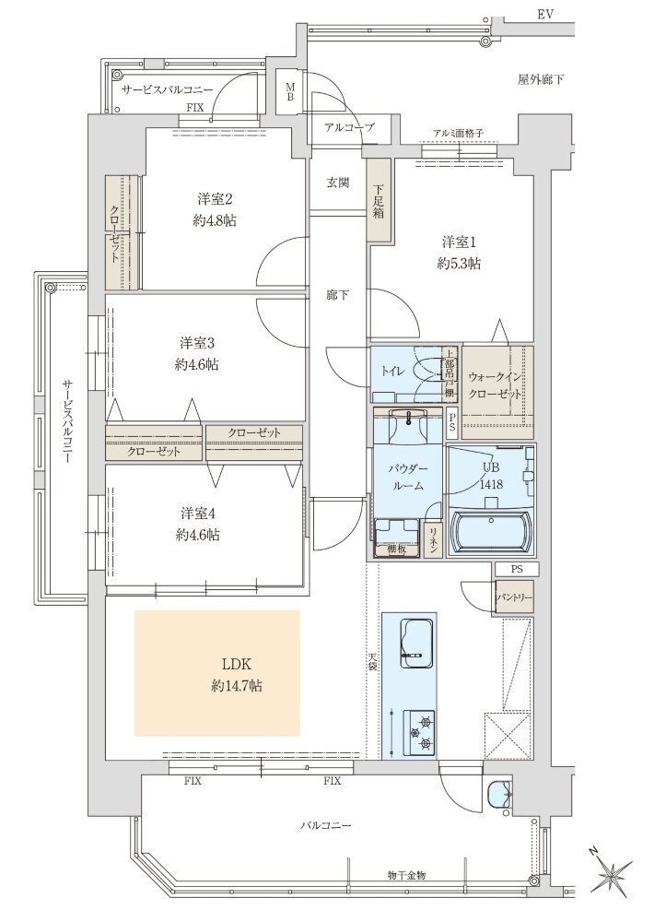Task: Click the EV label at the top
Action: pyautogui.click(x=545, y=15)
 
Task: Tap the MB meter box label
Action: pyautogui.click(x=290, y=92)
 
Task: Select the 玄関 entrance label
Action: pyautogui.click(x=338, y=183)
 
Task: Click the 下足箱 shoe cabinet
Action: pyautogui.click(x=379, y=199)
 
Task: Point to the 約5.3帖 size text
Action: pyautogui.click(x=459, y=264)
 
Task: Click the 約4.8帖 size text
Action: pyautogui.click(x=215, y=220)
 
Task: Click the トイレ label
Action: pyautogui.click(x=391, y=371)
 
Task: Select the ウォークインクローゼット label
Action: pyautogui.click(x=495, y=385)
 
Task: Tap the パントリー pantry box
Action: pyautogui.click(x=514, y=597)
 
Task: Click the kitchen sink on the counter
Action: pyautogui.click(x=418, y=644)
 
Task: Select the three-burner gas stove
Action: pyautogui.click(x=419, y=732)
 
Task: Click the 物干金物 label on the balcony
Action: pyautogui.click(x=407, y=875)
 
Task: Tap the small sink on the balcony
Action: pyautogui.click(x=499, y=796)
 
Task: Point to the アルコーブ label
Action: pyautogui.click(x=349, y=126)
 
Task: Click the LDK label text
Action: pyautogui.click(x=237, y=665)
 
